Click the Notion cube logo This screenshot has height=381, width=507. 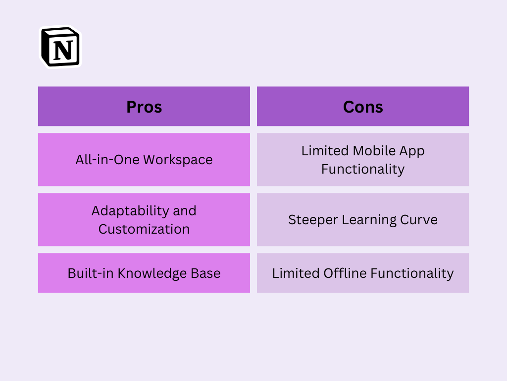pos(60,47)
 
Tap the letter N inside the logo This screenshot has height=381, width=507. pos(63,50)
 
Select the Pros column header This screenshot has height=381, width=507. pos(144,107)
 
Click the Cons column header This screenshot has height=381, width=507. pos(363,107)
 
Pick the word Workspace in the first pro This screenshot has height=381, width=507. pos(178,160)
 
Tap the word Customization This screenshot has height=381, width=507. pos(144,229)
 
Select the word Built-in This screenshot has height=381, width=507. pos(91,273)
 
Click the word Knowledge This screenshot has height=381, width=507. pos(152,273)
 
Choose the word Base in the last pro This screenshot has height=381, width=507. pos(205,273)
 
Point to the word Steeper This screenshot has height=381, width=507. pos(313,220)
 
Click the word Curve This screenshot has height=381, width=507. pos(419,220)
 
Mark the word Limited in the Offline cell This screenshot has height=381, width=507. pos(296,273)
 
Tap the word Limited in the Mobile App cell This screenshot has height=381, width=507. pos(325,151)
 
